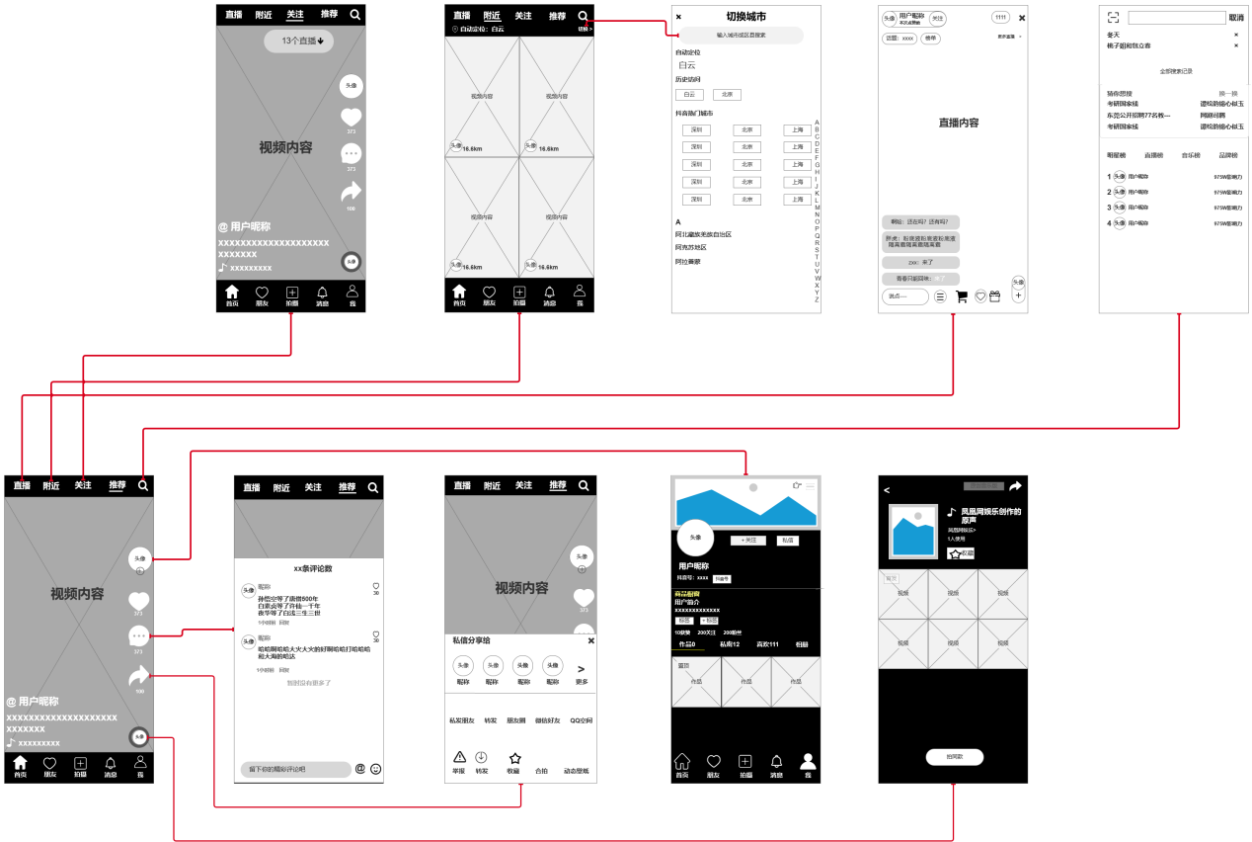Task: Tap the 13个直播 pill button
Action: point(298,42)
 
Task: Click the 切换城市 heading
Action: point(745,17)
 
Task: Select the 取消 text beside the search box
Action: point(1236,18)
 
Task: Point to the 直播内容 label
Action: point(958,124)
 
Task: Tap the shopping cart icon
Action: point(962,295)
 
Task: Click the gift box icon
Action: point(994,295)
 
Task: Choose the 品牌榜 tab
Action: point(1227,155)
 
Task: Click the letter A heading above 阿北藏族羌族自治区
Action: point(678,221)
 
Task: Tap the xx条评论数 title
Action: point(313,568)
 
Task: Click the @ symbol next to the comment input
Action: point(360,768)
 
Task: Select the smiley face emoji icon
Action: point(376,768)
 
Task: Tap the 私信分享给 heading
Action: point(472,640)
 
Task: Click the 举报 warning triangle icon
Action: point(458,757)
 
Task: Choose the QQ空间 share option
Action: point(581,720)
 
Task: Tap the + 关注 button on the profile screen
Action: point(747,541)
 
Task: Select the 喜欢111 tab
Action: point(767,644)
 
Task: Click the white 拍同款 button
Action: point(954,757)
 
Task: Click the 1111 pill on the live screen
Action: point(1000,18)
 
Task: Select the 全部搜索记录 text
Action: point(1176,71)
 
